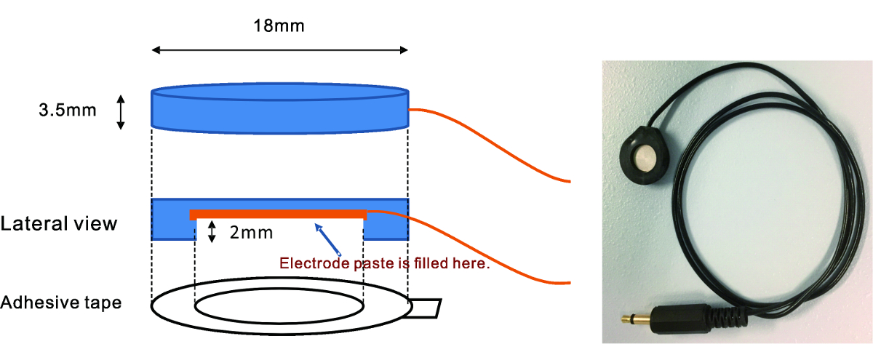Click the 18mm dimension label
point(279,27)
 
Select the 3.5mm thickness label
point(66,111)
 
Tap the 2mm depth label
point(251,233)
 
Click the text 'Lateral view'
point(59,223)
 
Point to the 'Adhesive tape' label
point(61,302)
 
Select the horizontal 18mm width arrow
point(279,50)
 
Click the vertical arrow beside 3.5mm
point(121,111)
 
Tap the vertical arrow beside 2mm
point(212,233)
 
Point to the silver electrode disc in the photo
point(644,157)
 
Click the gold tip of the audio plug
point(630,317)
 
